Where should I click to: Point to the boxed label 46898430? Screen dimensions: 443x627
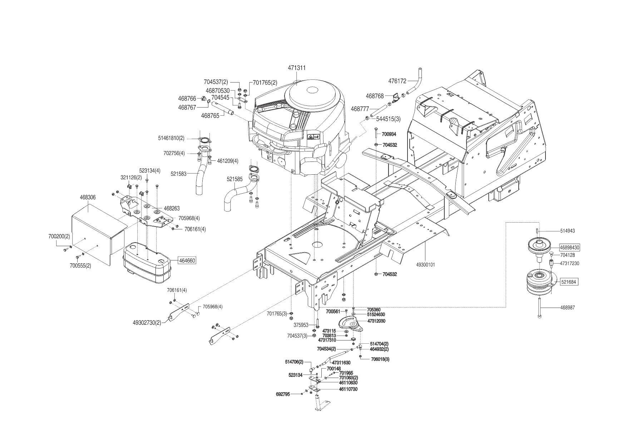(570, 247)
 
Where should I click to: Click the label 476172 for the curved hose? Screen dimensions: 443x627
(397, 81)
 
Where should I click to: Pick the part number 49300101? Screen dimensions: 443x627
(425, 265)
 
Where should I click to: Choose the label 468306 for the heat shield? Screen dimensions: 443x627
(88, 197)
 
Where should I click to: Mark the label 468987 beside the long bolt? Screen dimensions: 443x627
(568, 307)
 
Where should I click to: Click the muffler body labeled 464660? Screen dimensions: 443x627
(147, 261)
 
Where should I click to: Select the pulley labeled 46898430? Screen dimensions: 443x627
(540, 247)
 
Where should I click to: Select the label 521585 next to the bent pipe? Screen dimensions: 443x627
(234, 179)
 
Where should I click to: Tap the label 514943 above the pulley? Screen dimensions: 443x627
(568, 231)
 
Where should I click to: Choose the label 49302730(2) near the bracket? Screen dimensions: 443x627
(147, 322)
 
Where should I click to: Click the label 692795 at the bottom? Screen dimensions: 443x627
(283, 394)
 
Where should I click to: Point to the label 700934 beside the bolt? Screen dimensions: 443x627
(389, 134)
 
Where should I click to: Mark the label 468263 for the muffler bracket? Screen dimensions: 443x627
(172, 208)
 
